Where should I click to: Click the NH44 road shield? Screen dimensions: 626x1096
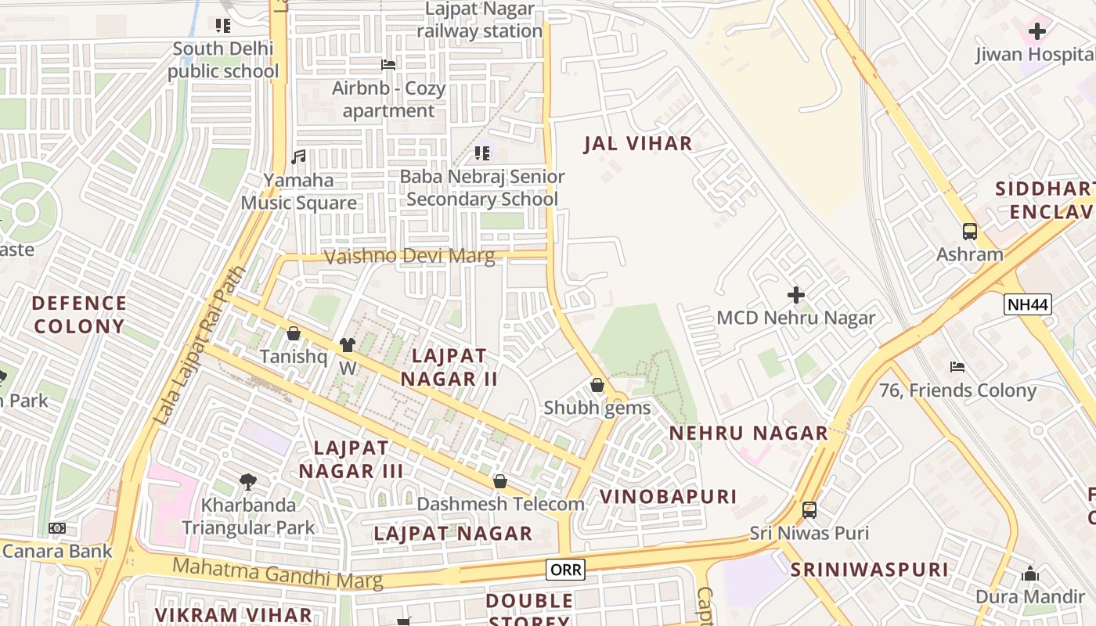1027,304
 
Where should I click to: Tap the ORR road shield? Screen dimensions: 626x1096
565,569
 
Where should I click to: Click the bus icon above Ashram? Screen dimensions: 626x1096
970,232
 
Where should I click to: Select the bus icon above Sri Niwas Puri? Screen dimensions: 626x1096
809,510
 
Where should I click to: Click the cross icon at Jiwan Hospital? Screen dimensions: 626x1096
1037,32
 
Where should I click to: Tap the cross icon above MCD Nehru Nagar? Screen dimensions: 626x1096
796,295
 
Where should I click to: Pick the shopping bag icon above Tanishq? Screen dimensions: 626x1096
294,334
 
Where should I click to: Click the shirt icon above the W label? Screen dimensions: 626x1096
348,345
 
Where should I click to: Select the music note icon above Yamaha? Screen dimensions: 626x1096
298,157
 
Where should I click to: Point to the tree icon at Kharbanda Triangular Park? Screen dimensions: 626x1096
248,482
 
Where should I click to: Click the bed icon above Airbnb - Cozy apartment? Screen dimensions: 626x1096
388,65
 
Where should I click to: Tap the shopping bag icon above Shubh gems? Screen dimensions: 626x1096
597,385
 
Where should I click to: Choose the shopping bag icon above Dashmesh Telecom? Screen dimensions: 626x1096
500,481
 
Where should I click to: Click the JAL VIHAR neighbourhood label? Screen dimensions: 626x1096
638,143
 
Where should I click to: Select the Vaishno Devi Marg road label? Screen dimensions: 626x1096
409,256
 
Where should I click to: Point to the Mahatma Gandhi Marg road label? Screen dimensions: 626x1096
278,574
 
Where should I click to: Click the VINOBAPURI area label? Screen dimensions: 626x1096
668,496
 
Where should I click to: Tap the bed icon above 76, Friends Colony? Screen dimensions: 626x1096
957,367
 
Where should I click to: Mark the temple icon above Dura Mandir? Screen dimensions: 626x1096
1030,574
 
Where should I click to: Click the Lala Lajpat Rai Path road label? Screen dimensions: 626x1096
200,347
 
